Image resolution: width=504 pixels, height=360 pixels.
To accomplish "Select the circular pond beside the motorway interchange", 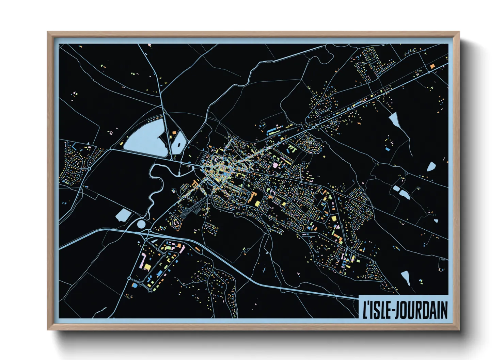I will (141, 224).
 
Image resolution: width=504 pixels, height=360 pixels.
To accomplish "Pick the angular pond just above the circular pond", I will (123, 215).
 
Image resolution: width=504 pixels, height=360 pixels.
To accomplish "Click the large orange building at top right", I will (432, 66).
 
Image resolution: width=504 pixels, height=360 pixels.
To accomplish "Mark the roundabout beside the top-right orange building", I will (429, 72).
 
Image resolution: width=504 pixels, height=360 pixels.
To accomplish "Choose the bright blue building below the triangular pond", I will (387, 149).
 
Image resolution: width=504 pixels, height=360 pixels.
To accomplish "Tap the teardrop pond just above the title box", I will (406, 277).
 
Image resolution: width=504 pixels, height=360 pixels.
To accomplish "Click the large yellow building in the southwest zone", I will (147, 266).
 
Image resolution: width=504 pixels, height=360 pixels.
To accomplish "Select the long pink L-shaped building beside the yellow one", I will (144, 260).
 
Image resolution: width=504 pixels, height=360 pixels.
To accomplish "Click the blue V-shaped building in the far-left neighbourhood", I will (74, 147).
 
